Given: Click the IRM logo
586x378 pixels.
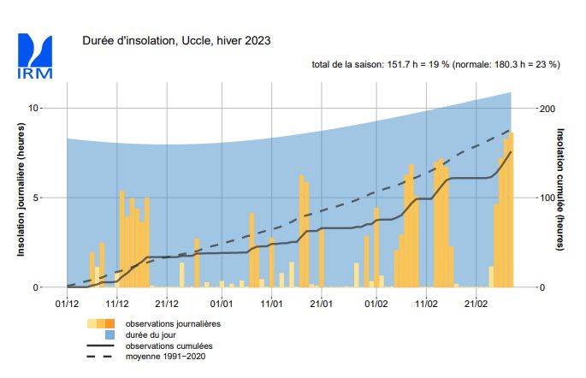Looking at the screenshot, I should (x=35, y=56).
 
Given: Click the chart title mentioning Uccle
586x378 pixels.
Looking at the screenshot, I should (x=177, y=41).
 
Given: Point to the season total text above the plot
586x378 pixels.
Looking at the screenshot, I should (x=435, y=65).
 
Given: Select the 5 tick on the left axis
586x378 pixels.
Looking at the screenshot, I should (x=36, y=198).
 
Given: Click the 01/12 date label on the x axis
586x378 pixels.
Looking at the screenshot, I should (x=67, y=303).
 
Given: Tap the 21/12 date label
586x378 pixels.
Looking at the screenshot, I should (x=167, y=303).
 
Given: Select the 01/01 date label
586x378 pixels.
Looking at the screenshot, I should (x=222, y=303).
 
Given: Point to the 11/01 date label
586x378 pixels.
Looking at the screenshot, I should (x=272, y=303).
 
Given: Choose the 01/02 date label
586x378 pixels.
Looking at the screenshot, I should (x=376, y=303).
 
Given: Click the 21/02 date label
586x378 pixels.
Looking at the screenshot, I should (x=476, y=303).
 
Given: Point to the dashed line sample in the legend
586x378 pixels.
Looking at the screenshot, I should (x=101, y=356).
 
